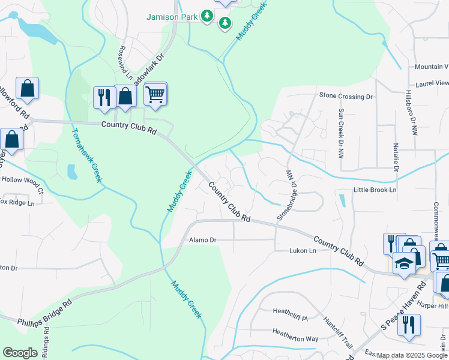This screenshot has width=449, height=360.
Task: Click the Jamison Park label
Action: pyautogui.click(x=173, y=17)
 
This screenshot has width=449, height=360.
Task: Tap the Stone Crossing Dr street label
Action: pyautogui.click(x=346, y=96)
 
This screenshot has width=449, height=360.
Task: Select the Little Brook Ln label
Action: pyautogui.click(x=375, y=190)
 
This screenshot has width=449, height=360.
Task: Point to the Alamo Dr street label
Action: pyautogui.click(x=202, y=240)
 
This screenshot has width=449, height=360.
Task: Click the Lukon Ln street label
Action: pyautogui.click(x=303, y=251)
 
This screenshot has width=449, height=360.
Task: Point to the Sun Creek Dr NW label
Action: pyautogui.click(x=341, y=133)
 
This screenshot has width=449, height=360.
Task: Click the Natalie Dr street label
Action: pyautogui.click(x=396, y=157)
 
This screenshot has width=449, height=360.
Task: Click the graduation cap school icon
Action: pyautogui.click(x=404, y=263)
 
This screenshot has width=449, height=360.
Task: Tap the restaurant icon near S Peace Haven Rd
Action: pyautogui.click(x=408, y=325)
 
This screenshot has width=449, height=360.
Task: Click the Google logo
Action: pyautogui.click(x=20, y=353)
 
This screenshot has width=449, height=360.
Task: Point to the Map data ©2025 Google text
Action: pyautogui.click(x=412, y=355)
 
